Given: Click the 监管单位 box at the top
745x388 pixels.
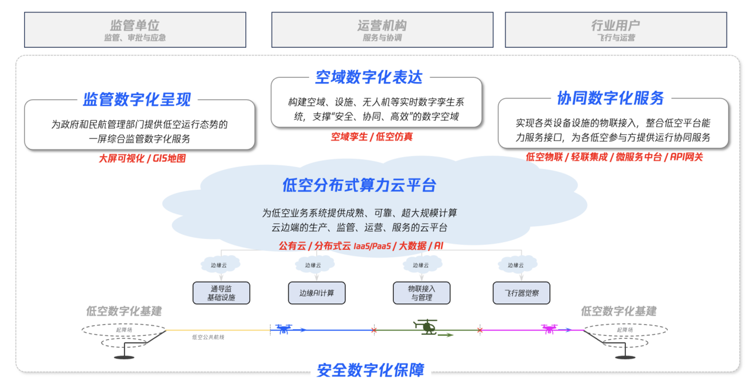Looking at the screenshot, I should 135,30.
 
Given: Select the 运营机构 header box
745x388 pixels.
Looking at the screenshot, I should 382,30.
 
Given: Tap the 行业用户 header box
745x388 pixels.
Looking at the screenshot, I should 616,30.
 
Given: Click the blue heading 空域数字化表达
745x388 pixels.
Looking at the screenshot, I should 369,78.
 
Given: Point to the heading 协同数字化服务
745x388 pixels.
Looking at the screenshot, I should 610,98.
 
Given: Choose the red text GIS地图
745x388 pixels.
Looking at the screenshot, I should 169,158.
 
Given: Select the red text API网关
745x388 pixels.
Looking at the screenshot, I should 686,157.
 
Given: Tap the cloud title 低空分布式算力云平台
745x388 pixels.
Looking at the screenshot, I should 360,185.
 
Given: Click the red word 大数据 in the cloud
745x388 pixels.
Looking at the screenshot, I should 412,246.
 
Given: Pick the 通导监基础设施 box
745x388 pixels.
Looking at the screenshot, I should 221,293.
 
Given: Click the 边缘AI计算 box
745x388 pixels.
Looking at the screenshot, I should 316,293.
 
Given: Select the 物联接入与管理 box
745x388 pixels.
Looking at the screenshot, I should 422,293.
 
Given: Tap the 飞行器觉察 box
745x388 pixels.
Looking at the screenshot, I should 521,293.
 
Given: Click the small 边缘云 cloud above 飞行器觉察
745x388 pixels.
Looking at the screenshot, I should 516,265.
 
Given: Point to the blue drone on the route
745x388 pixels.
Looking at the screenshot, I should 284,329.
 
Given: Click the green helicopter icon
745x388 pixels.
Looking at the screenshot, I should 426,327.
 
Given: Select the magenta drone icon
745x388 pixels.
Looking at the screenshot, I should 549,329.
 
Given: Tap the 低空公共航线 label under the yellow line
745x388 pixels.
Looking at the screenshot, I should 208,337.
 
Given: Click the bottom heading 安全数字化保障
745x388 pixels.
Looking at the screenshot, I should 370,370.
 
